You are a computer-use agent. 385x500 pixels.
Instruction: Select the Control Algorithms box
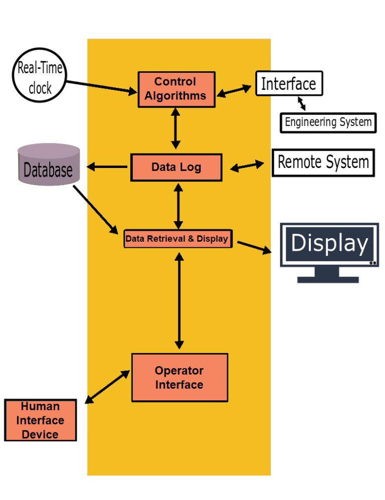(x=176, y=89)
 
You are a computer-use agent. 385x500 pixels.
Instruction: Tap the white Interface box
(x=289, y=83)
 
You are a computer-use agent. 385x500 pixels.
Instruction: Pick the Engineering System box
(x=328, y=122)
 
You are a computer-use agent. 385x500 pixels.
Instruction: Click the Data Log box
(x=176, y=167)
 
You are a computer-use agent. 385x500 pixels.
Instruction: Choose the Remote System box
(x=323, y=162)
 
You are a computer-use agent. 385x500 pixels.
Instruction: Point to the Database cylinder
(x=49, y=165)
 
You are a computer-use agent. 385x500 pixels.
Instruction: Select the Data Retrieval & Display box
(x=177, y=239)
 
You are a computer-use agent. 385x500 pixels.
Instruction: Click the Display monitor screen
(x=329, y=244)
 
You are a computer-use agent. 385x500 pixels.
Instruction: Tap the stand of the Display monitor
(x=328, y=275)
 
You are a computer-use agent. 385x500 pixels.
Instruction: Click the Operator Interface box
(x=179, y=378)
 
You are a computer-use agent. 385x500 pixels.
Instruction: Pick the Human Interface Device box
(x=40, y=420)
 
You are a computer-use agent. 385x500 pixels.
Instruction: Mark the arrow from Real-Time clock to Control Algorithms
(x=100, y=87)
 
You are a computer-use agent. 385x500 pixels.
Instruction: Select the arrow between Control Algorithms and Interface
(x=235, y=91)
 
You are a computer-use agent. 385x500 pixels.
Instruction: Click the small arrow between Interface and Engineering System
(x=301, y=104)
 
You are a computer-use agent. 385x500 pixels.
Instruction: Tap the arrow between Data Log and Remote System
(x=247, y=166)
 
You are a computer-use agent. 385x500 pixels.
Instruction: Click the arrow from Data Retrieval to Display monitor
(x=254, y=247)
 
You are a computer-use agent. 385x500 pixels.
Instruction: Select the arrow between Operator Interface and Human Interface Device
(x=107, y=387)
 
